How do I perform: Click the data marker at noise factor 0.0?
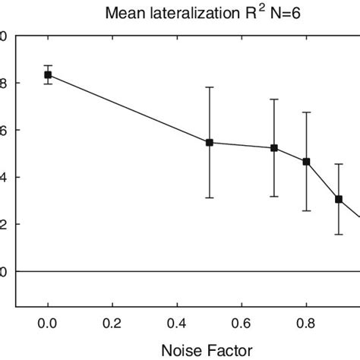48,74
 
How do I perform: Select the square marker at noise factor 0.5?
210,142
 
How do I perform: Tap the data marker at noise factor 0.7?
274,148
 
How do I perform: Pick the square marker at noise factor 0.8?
306,161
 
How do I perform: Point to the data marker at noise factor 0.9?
339,199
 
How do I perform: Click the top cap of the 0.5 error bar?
210,87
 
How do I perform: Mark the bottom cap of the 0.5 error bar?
210,197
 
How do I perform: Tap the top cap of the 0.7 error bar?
274,99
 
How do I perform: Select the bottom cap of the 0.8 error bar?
306,210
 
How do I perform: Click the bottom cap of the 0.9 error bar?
339,234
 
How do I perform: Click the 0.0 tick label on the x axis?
48,321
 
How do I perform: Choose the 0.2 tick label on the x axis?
112,321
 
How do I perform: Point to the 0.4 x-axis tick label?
177,321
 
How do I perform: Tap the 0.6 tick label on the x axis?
242,321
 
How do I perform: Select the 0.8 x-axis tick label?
306,321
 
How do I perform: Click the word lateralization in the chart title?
197,13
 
